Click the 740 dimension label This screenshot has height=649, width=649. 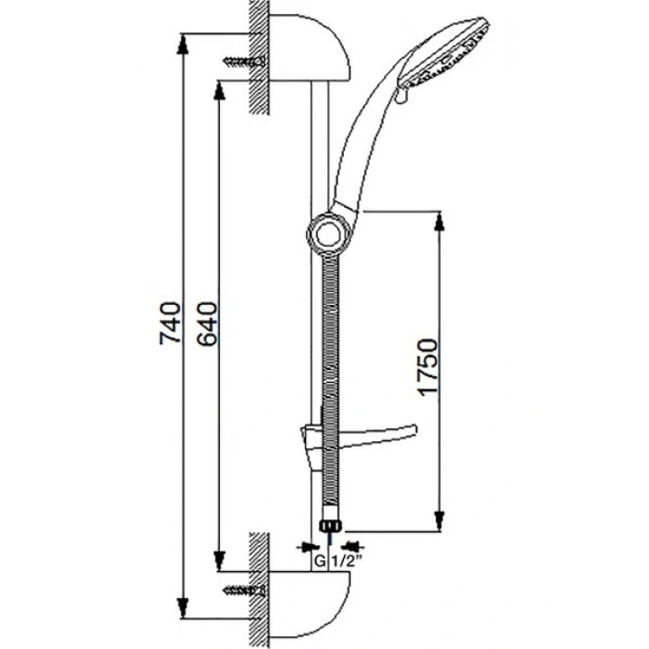click(170, 323)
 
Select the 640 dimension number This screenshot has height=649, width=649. click(207, 324)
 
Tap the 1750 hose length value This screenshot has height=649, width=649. click(427, 367)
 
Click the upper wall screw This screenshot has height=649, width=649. click(244, 62)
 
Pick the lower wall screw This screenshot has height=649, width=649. click(244, 590)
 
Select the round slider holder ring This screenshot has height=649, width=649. click(329, 235)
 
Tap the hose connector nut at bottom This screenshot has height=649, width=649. click(332, 526)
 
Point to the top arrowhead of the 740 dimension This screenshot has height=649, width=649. click(182, 45)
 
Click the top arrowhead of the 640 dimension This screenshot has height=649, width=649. click(219, 91)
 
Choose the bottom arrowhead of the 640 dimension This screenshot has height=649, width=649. click(219, 561)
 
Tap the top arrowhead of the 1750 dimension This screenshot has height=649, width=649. click(439, 221)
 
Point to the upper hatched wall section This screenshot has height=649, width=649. click(260, 57)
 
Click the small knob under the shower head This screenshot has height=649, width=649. click(401, 97)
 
